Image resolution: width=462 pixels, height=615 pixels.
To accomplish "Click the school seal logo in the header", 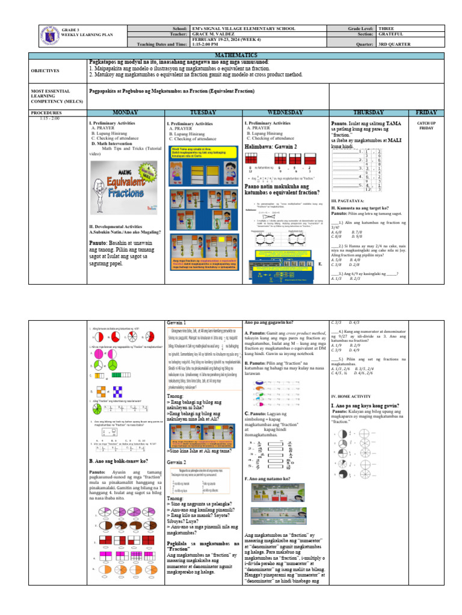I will [49, 35].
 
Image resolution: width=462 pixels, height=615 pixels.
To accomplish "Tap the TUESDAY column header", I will [204, 112].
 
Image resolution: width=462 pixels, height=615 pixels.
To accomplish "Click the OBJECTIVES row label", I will [45, 70].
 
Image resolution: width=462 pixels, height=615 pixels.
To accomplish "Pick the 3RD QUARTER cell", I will [396, 43].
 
